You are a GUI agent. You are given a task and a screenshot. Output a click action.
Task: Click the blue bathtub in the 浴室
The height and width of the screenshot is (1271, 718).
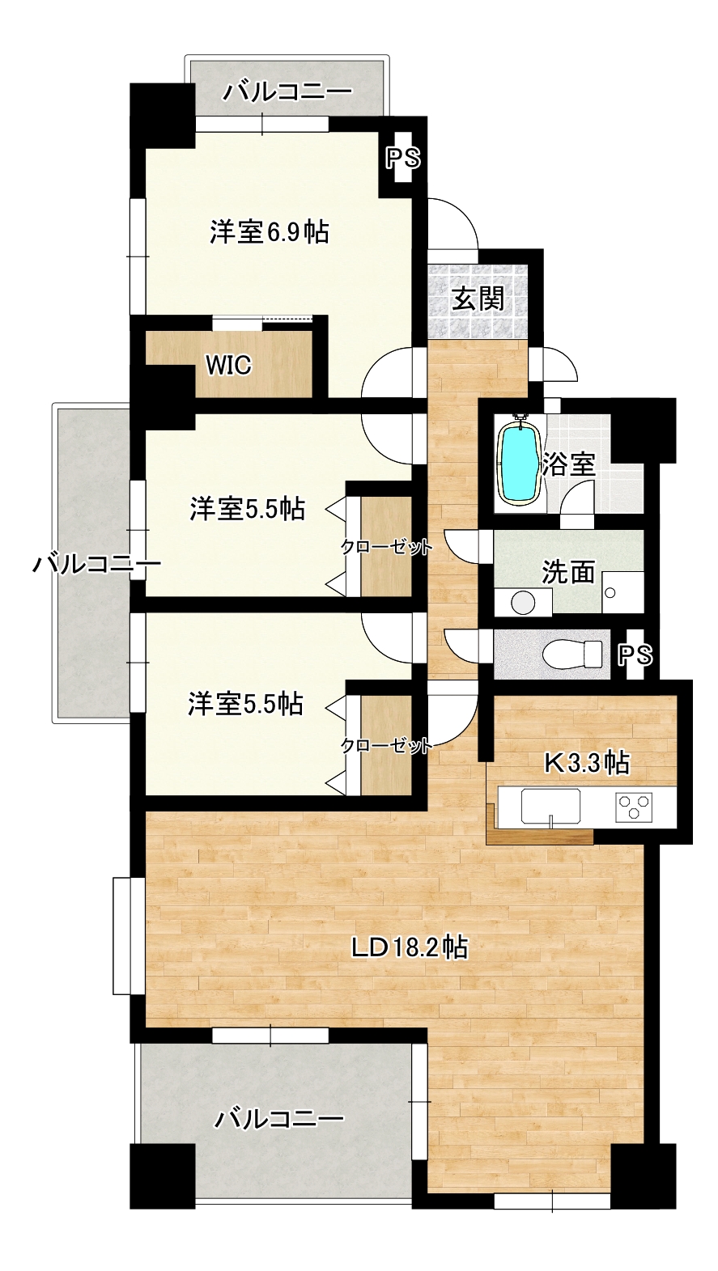click(517, 460)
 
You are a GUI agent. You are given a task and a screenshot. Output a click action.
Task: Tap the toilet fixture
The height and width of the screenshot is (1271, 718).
click(571, 655)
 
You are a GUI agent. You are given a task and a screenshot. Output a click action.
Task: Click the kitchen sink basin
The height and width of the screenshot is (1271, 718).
click(550, 807)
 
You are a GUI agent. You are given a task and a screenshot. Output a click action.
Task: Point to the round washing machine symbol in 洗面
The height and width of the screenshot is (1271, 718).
click(523, 602)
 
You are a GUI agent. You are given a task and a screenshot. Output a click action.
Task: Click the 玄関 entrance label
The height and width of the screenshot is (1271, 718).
click(478, 298)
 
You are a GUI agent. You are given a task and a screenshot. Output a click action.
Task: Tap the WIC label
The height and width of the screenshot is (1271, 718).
click(228, 366)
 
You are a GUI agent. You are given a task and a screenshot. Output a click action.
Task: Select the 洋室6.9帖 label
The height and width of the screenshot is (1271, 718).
click(270, 232)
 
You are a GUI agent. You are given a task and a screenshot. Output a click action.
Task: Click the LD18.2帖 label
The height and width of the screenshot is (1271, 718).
click(410, 947)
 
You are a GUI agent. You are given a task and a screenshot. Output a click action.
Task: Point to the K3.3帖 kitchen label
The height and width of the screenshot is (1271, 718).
click(587, 763)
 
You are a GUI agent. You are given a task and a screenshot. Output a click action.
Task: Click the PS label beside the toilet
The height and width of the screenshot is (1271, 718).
click(635, 655)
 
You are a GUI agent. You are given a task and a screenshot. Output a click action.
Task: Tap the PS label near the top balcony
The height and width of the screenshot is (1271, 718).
click(404, 159)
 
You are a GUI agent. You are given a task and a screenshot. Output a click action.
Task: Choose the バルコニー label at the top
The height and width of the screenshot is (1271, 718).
click(287, 91)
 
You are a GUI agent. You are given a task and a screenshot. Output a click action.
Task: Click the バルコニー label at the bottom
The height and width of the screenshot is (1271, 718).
click(278, 1120)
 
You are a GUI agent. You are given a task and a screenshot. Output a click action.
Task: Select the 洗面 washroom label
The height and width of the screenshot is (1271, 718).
click(568, 572)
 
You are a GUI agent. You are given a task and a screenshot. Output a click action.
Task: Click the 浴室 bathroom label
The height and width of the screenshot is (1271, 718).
click(569, 464)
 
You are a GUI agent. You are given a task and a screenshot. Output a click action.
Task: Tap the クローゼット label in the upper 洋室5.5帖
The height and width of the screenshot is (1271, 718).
click(387, 548)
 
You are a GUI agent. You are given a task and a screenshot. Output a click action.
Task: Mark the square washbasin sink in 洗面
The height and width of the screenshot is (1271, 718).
click(622, 592)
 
